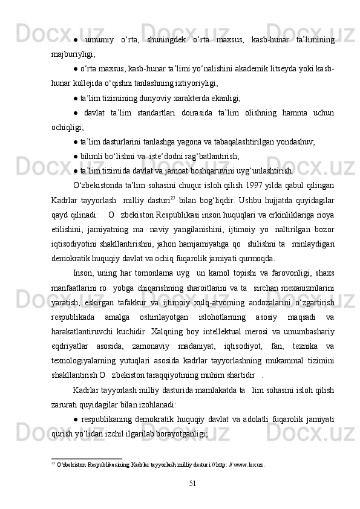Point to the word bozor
(323, 244)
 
